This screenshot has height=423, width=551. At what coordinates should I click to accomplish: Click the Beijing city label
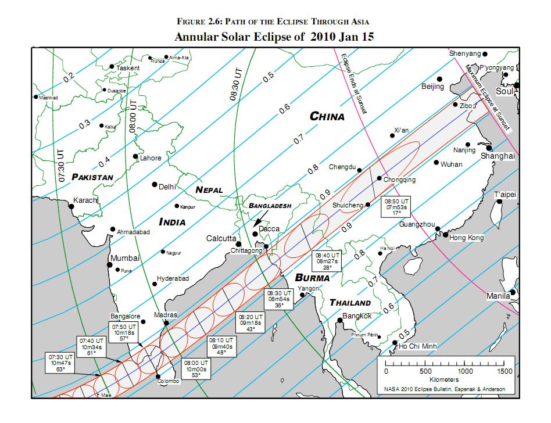433,87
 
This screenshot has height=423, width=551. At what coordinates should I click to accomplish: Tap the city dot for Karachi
71,206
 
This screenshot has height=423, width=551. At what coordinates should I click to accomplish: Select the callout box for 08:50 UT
395,207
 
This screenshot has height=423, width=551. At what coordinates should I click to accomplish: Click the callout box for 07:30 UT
60,362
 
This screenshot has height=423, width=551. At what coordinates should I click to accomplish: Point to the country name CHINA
327,116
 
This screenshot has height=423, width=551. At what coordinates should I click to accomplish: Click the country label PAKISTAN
92,177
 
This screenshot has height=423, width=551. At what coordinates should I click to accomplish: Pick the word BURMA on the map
312,278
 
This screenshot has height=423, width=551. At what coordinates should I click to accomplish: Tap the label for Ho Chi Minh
416,346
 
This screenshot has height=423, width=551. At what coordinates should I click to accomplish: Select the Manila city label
499,296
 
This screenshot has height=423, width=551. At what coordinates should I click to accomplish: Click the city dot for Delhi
155,185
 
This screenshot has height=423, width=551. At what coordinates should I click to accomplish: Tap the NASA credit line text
445,389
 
